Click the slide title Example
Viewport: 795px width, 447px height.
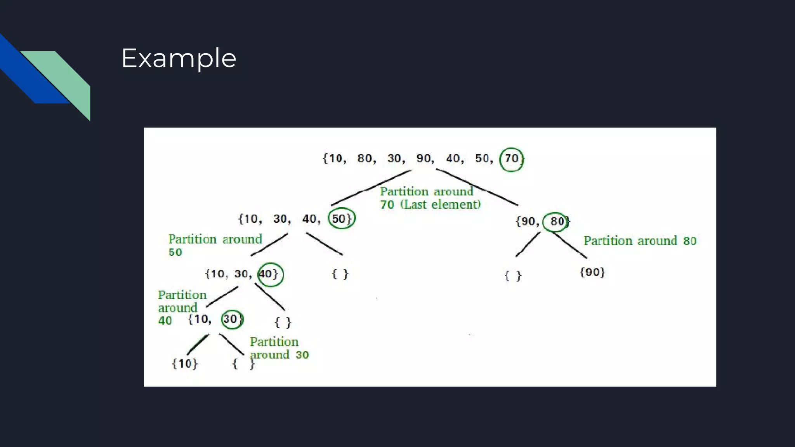tap(179, 58)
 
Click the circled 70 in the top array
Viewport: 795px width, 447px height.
tap(511, 159)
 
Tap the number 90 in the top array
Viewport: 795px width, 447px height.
tap(424, 158)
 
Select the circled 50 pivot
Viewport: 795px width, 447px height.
tap(341, 218)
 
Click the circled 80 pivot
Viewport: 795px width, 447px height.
tap(555, 222)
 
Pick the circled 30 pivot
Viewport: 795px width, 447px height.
tap(232, 319)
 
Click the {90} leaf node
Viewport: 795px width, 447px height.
tap(592, 272)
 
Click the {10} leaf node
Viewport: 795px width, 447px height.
tap(185, 364)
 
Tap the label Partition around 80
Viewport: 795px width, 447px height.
tap(640, 241)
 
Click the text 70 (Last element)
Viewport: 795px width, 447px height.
tap(430, 204)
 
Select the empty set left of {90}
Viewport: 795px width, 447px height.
tap(513, 276)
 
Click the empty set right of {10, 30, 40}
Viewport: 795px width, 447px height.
tap(340, 274)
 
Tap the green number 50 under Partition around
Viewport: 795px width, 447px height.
tap(175, 252)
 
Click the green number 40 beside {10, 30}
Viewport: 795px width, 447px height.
tap(165, 321)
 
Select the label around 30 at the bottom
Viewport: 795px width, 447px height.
tap(279, 355)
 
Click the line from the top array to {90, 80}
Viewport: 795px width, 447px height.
tap(477, 187)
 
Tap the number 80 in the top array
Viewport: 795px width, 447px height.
tap(365, 158)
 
